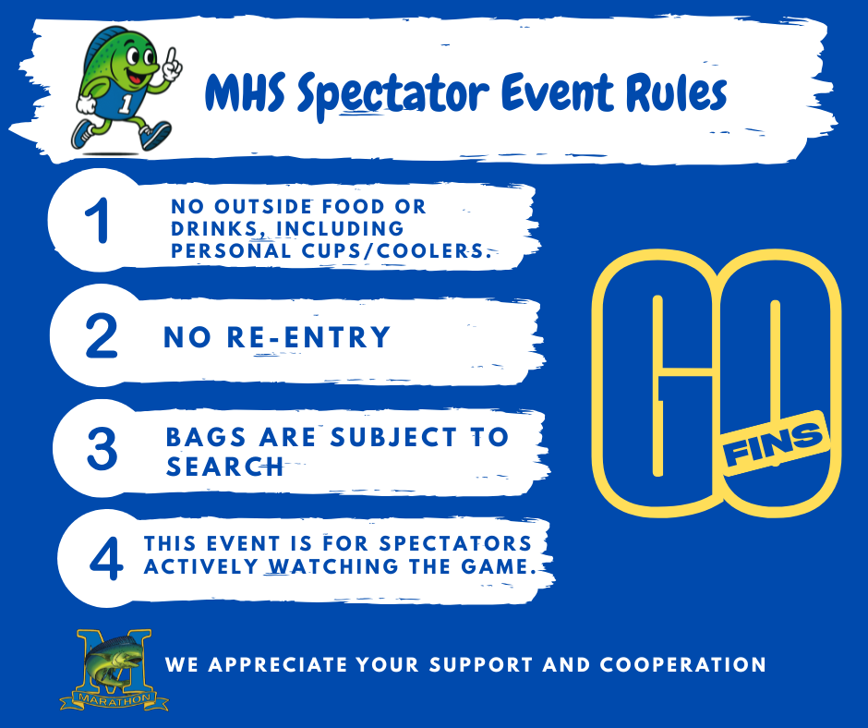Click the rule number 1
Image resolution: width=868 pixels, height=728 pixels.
95,223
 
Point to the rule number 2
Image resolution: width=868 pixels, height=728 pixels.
101,336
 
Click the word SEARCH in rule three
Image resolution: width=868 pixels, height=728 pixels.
224,467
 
